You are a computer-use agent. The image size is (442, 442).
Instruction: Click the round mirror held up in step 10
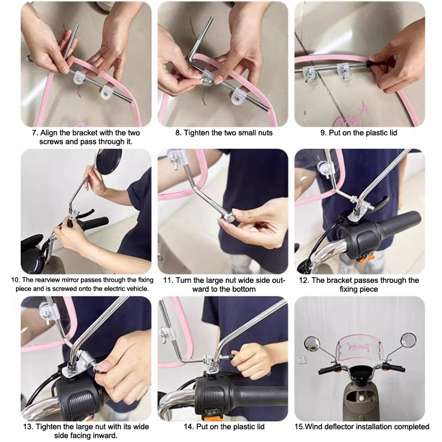pyautogui.click(x=109, y=160)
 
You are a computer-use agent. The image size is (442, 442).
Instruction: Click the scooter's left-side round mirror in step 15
pyautogui.click(x=312, y=344)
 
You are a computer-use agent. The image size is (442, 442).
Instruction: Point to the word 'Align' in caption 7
pyautogui.click(x=49, y=133)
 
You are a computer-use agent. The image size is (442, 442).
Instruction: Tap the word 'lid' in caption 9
pyautogui.click(x=393, y=133)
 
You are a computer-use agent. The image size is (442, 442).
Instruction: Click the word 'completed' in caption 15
pyautogui.click(x=412, y=427)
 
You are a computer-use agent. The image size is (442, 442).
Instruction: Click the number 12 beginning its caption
pyautogui.click(x=304, y=280)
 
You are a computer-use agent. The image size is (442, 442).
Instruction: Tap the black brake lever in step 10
pyautogui.click(x=85, y=214)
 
